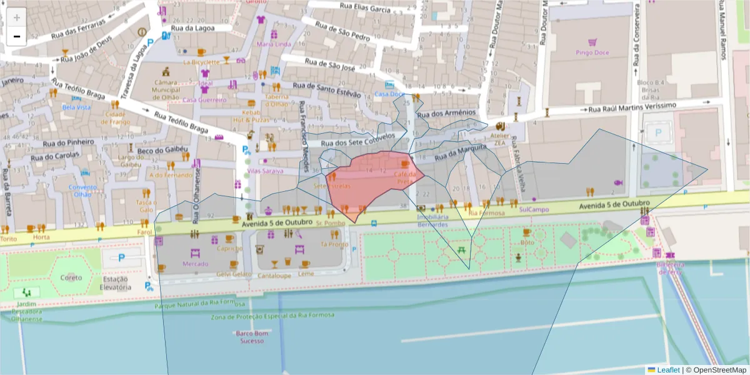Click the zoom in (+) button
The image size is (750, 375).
(x=16, y=17)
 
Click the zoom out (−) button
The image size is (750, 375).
(x=16, y=36)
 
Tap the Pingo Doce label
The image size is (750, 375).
(x=592, y=52)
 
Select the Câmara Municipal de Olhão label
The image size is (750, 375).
(x=166, y=91)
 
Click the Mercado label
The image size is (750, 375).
(x=195, y=264)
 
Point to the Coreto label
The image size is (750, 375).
(x=71, y=277)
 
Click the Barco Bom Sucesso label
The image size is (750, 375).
(x=252, y=337)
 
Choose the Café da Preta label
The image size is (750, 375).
(x=406, y=178)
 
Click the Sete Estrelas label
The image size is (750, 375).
(x=332, y=186)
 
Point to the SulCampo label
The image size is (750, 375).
(x=533, y=209)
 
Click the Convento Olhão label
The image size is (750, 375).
(x=83, y=190)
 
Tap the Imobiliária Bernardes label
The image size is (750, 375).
(x=432, y=221)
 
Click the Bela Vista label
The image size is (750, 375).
(x=76, y=107)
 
